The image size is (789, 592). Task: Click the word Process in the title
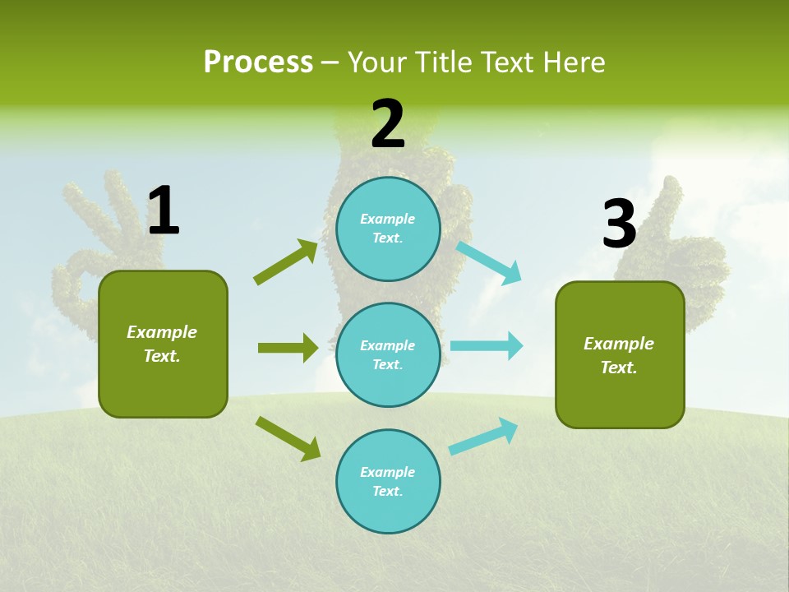click(x=258, y=62)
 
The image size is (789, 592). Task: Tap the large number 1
click(x=164, y=211)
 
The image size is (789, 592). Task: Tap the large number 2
click(x=388, y=124)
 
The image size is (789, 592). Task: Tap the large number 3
click(x=619, y=224)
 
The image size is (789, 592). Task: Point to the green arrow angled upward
click(x=286, y=262)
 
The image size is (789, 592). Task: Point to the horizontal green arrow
click(x=288, y=348)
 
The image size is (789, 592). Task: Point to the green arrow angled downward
click(x=288, y=438)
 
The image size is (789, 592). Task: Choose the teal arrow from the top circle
click(x=489, y=262)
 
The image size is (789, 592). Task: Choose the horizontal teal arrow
click(x=487, y=345)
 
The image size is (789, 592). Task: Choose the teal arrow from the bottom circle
click(x=484, y=437)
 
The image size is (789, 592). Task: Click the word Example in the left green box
click(x=162, y=332)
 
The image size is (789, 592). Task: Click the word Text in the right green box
click(x=617, y=368)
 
